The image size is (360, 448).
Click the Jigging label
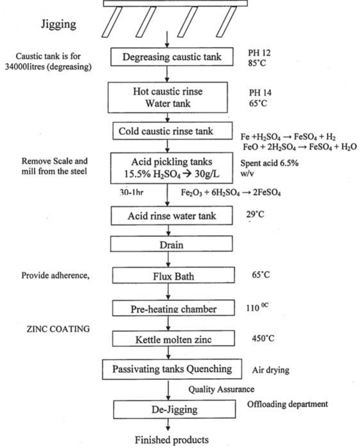(x=59, y=24)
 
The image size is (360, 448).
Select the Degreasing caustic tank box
(x=172, y=57)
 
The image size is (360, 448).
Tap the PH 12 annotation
(x=259, y=53)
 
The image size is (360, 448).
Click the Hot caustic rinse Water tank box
(x=168, y=98)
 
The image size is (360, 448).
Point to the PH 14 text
(x=260, y=93)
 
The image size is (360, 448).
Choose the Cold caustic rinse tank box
(x=172, y=131)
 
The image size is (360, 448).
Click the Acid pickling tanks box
(x=172, y=168)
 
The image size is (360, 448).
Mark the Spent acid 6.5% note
(x=269, y=163)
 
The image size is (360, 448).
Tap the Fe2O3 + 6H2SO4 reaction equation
(x=231, y=193)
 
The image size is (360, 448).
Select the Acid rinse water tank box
(x=172, y=216)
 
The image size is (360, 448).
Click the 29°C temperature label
(x=255, y=214)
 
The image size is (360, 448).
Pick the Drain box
(x=172, y=245)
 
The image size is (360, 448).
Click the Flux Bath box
(x=173, y=276)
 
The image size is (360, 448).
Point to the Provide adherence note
(x=55, y=275)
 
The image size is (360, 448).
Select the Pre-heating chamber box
(x=173, y=308)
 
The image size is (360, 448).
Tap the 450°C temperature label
(x=263, y=338)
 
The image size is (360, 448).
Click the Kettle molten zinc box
(x=173, y=339)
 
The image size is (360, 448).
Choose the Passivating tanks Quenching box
(x=172, y=369)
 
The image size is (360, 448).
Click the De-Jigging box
(x=174, y=409)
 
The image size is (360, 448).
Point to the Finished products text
(x=172, y=440)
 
